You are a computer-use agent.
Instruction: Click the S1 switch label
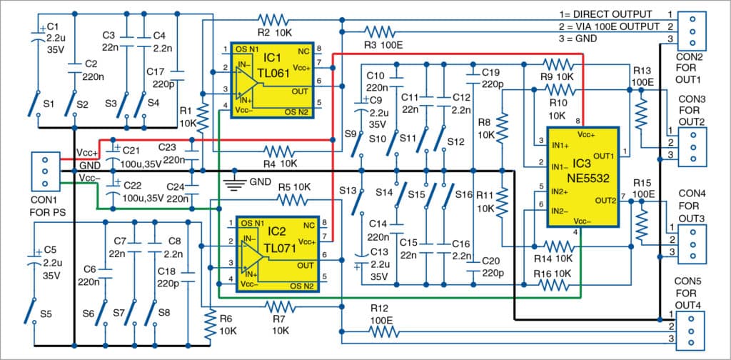click(x=49, y=104)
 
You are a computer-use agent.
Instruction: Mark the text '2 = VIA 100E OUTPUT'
click(x=610, y=26)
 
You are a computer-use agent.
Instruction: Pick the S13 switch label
click(x=348, y=191)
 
